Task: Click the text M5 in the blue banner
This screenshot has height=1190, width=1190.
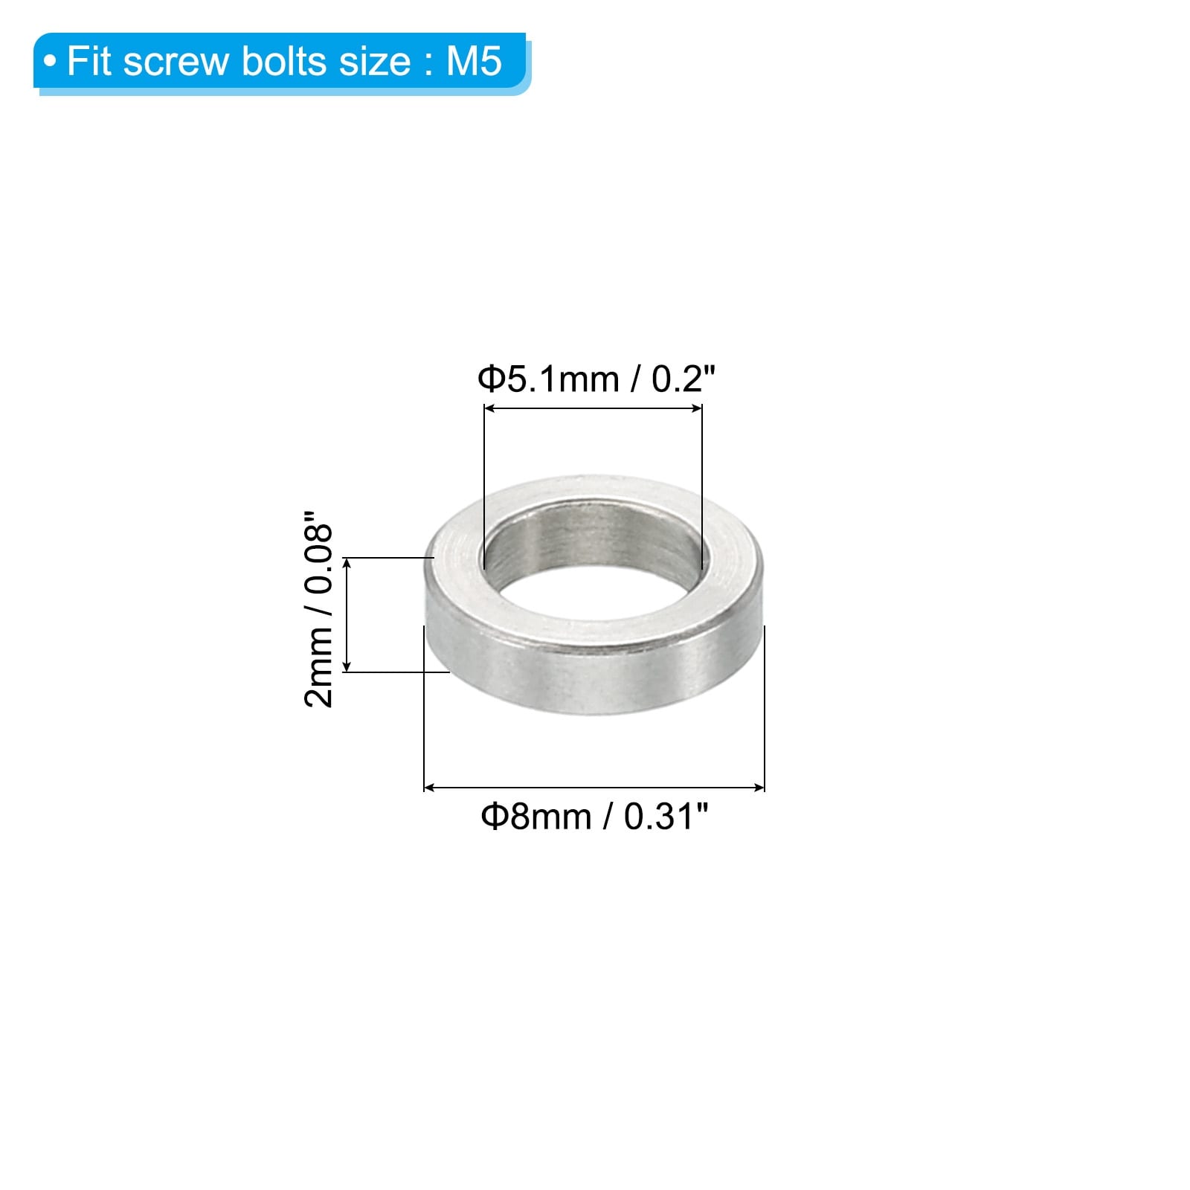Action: [474, 61]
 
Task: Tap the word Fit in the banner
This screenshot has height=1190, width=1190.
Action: [90, 61]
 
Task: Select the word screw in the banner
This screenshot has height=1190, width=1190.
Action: [177, 63]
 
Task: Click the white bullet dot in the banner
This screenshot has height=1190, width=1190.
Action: [50, 62]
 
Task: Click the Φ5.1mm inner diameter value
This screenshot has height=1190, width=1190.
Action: [548, 379]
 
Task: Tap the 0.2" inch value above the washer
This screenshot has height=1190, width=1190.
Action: [683, 379]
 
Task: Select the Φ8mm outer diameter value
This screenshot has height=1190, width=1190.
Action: [536, 817]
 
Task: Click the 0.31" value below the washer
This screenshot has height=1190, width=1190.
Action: [666, 816]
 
